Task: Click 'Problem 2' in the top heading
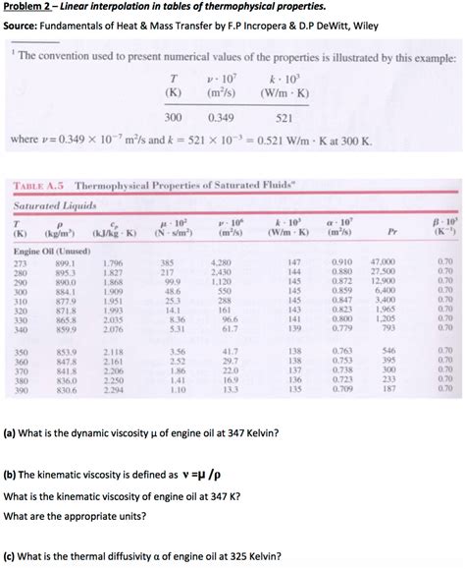pos(30,7)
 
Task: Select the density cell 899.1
pos(65,263)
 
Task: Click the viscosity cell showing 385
pos(168,263)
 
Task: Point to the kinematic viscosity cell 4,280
pos(221,263)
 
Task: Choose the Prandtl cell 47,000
pos(382,263)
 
